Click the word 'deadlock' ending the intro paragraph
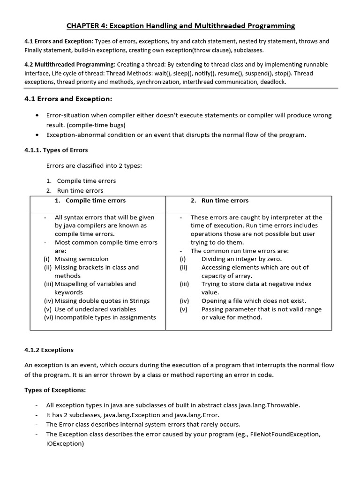pyautogui.click(x=271, y=82)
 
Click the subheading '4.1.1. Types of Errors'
pyautogui.click(x=56, y=150)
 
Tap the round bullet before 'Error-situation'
pyautogui.click(x=37, y=115)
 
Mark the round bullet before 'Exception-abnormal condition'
pyautogui.click(x=37, y=135)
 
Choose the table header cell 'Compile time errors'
pyautogui.click(x=96, y=200)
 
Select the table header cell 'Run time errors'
pyautogui.click(x=225, y=200)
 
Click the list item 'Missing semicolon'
pyautogui.click(x=81, y=259)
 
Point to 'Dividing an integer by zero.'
pyautogui.click(x=241, y=259)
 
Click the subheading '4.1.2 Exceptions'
pyautogui.click(x=49, y=350)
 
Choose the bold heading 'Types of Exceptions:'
pyautogui.click(x=55, y=390)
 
